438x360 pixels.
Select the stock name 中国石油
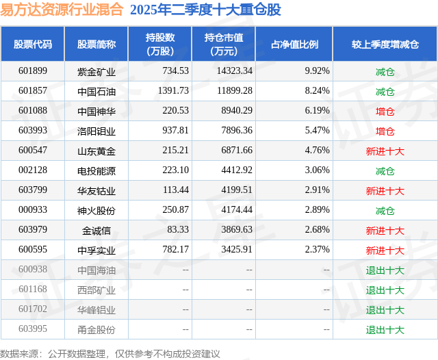(x=96, y=90)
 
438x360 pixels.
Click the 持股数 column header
(x=160, y=44)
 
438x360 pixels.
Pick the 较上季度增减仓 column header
(x=385, y=44)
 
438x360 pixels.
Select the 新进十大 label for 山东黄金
(x=385, y=151)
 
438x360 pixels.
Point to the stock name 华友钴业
(x=96, y=190)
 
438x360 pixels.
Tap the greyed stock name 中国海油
(x=96, y=270)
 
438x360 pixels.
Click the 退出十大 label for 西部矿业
(x=385, y=290)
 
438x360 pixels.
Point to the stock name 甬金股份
(x=96, y=330)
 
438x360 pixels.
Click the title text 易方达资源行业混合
(x=62, y=10)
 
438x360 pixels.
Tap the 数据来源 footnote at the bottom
(x=109, y=353)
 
